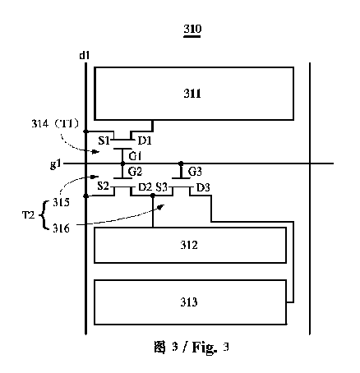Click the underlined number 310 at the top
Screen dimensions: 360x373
point(192,29)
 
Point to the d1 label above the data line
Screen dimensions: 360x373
point(84,56)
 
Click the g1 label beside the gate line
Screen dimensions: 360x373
point(55,164)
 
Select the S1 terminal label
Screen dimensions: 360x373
point(104,140)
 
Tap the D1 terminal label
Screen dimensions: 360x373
point(145,140)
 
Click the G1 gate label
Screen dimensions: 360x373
point(135,156)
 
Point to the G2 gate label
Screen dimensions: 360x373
point(135,172)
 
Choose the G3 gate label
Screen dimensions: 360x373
point(195,172)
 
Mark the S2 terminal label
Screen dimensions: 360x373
point(104,186)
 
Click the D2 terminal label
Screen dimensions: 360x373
point(145,187)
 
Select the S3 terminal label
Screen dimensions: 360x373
point(162,187)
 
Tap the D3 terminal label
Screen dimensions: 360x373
point(203,188)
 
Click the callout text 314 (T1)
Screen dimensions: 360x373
point(55,124)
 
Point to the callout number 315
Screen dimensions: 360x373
point(61,202)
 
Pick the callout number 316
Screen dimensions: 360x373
point(61,228)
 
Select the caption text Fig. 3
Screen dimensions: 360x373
point(210,348)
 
